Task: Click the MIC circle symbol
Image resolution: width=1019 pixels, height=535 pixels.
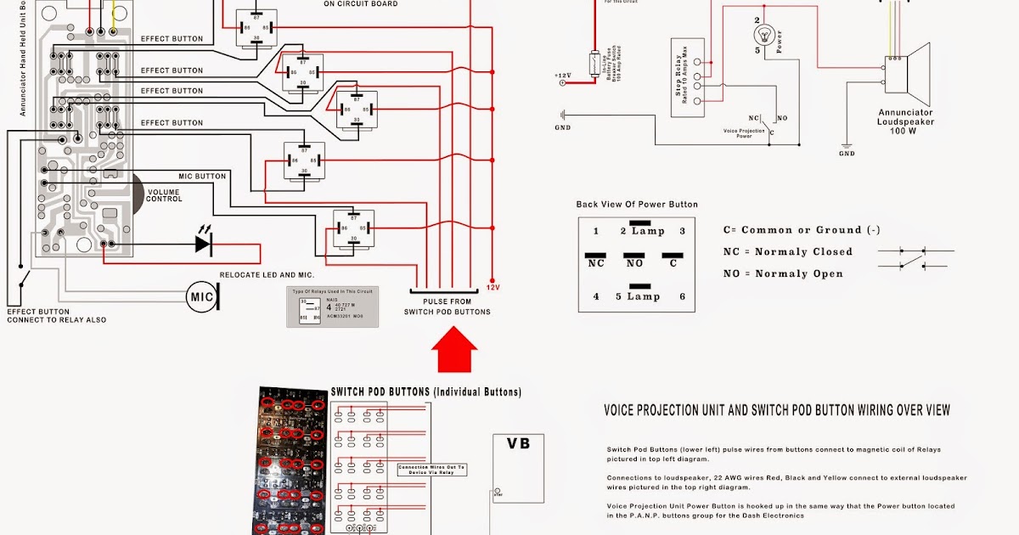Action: tap(202, 296)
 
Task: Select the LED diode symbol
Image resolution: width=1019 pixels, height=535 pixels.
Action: tap(203, 244)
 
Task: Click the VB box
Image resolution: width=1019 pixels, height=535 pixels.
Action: tap(518, 444)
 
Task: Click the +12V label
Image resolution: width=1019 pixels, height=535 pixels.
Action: tap(563, 76)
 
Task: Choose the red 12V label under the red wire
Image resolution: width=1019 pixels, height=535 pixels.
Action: tap(493, 288)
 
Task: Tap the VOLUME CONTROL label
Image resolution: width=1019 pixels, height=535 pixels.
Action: tap(164, 195)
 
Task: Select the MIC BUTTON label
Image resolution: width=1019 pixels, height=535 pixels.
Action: tap(202, 177)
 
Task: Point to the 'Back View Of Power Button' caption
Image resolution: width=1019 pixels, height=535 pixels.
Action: tap(637, 205)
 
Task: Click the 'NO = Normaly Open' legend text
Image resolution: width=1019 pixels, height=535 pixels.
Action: tap(782, 274)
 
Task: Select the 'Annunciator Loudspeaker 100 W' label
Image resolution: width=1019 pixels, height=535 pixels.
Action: tap(905, 121)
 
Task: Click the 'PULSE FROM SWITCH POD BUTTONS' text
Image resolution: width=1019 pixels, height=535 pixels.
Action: tap(448, 307)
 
